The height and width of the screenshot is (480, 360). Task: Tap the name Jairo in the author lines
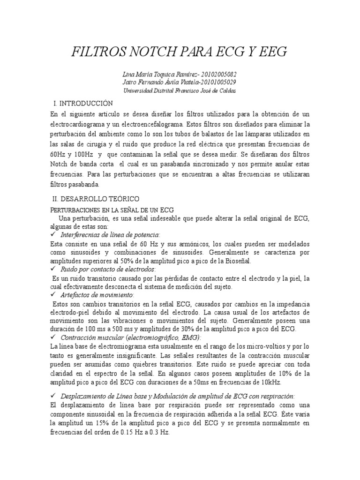pos(131,82)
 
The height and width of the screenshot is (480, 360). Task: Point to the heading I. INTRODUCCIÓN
pos(84,103)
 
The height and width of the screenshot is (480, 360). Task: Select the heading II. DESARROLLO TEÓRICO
pos(96,199)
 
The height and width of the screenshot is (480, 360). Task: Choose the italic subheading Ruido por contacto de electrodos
pos(108,270)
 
